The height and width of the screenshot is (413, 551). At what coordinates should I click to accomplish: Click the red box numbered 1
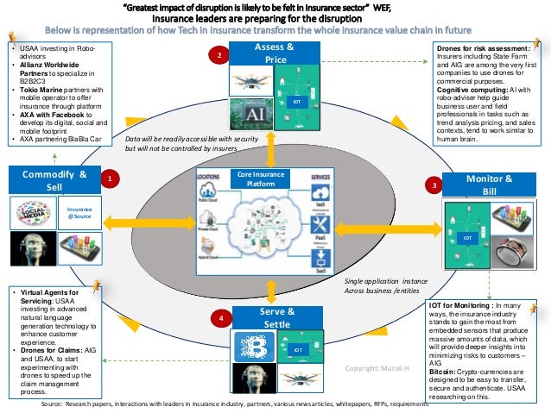pos(109,178)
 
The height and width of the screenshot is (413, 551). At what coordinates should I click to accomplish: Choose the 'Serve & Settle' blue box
pos(276,317)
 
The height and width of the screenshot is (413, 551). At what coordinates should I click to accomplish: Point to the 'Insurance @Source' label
pos(80,212)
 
